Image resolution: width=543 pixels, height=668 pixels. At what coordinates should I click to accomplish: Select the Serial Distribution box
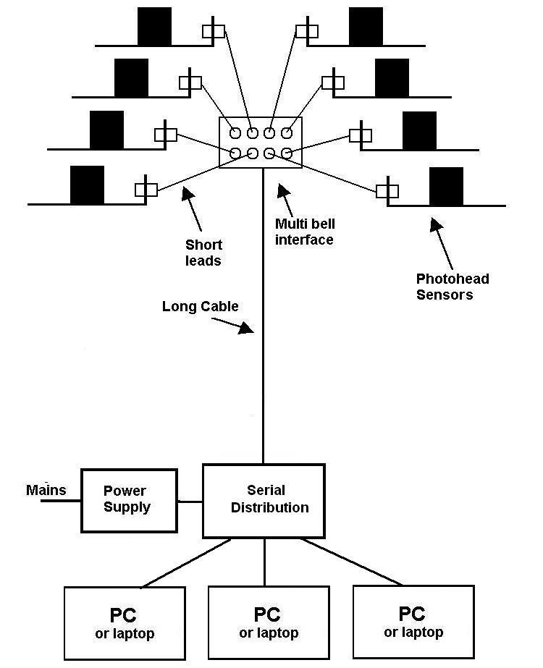[263, 500]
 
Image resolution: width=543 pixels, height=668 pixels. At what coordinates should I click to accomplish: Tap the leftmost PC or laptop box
[125, 622]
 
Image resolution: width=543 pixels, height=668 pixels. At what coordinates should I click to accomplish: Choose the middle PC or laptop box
[269, 622]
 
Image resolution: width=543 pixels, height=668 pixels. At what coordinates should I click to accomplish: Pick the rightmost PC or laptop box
[413, 622]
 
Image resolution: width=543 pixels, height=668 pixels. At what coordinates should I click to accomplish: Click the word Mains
[46, 490]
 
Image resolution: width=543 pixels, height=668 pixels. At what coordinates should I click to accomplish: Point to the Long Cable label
[200, 306]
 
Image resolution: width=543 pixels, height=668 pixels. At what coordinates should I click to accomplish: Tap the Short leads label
[203, 253]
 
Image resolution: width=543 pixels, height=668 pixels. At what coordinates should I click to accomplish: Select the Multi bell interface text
[304, 232]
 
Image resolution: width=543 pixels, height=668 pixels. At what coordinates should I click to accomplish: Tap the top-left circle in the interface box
[236, 133]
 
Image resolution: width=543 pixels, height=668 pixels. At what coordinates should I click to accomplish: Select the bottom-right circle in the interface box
[287, 153]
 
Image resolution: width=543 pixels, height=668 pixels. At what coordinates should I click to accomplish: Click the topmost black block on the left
[155, 26]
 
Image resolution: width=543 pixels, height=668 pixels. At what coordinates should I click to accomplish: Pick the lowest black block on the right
[446, 186]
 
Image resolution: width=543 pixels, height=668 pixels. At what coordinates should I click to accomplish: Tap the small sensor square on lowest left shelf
[146, 190]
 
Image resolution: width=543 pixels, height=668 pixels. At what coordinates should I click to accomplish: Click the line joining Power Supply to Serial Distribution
[190, 501]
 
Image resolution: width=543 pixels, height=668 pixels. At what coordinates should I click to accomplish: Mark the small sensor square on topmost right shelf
[307, 31]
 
